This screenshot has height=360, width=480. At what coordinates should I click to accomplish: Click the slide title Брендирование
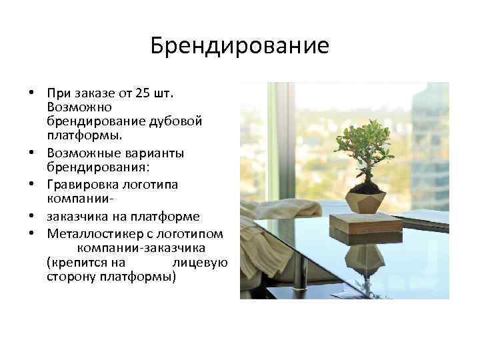pyautogui.click(x=240, y=46)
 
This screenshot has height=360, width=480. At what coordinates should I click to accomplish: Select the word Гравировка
pyautogui.click(x=79, y=183)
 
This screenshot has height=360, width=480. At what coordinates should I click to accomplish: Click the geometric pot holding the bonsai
pyautogui.click(x=365, y=199)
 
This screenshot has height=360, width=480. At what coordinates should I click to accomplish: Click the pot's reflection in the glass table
pyautogui.click(x=365, y=257)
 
